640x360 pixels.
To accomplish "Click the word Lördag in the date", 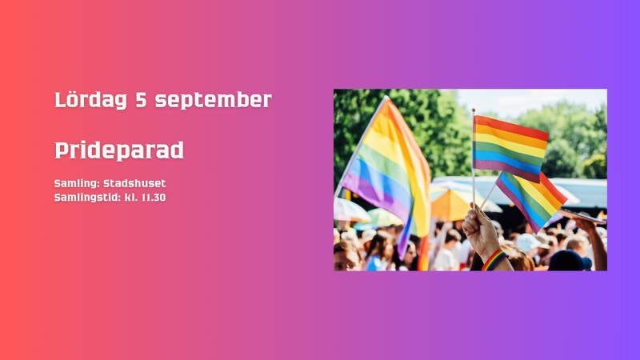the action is [90, 100].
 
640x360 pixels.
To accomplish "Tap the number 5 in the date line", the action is [141, 99].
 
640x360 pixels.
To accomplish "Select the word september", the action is [213, 101].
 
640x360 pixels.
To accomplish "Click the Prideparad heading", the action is [119, 150].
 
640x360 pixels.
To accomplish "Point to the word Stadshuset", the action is [134, 183].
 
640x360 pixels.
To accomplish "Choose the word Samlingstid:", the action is [87, 198].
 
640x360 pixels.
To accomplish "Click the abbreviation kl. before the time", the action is [130, 198].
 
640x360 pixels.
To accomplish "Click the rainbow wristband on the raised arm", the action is [494, 260].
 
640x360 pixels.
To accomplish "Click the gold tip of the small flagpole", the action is [474, 110].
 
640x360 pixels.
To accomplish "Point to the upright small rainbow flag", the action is [510, 148].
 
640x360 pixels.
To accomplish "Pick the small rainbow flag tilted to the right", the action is [530, 199].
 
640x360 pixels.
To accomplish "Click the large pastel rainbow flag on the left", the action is [388, 171].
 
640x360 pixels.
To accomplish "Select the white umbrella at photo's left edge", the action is [350, 210].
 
